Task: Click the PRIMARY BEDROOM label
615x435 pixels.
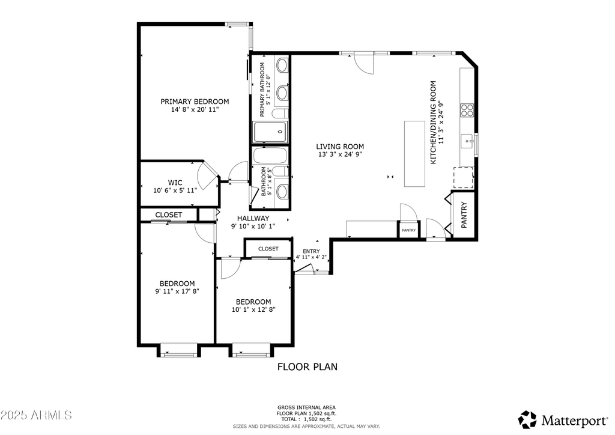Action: click(x=194, y=102)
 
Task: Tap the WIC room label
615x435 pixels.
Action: click(x=175, y=183)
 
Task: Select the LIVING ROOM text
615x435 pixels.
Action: click(x=341, y=147)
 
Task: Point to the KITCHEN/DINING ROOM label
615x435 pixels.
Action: click(x=433, y=123)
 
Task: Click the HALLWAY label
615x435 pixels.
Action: click(x=253, y=218)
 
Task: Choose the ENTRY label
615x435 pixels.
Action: click(x=311, y=251)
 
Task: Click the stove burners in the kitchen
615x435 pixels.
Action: click(x=467, y=110)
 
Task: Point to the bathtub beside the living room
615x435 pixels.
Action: click(x=270, y=156)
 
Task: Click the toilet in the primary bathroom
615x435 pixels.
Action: click(x=280, y=114)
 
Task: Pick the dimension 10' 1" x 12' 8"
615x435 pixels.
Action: click(x=253, y=310)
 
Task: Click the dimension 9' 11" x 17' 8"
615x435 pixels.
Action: click(x=177, y=291)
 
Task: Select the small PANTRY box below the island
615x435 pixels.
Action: click(x=408, y=230)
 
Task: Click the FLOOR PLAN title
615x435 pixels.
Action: click(x=307, y=366)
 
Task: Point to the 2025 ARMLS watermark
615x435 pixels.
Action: click(x=36, y=415)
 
